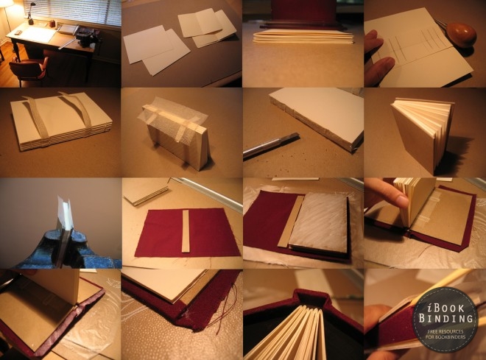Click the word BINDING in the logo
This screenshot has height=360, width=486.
click(x=446, y=318)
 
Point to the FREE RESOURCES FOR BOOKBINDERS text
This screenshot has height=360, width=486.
click(x=446, y=334)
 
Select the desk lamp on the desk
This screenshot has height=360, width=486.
click(x=31, y=14)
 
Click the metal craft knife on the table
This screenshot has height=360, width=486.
click(x=270, y=145)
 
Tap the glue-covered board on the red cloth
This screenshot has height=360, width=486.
click(x=318, y=222)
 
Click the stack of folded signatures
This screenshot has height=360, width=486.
click(x=303, y=37)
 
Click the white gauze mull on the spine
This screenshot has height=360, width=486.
click(x=170, y=117)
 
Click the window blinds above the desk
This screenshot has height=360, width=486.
click(x=72, y=13)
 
